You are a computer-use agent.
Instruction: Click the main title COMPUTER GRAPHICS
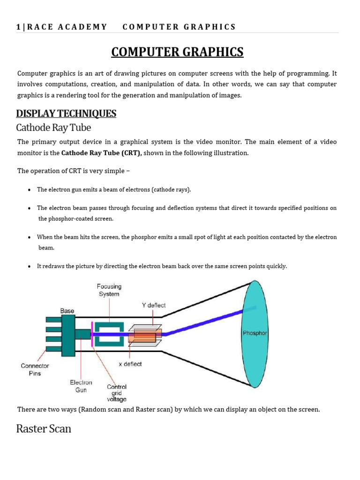[177, 52]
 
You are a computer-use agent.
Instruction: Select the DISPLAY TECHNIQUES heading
[66, 113]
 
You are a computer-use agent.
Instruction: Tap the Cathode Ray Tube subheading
[53, 127]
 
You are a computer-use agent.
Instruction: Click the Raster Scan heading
[44, 428]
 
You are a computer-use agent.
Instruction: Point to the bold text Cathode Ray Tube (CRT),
[102, 153]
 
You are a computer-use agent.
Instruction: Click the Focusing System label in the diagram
[109, 290]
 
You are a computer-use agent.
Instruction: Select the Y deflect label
[154, 305]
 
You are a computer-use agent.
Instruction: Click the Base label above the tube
[67, 311]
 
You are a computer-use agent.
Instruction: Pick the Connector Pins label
[35, 369]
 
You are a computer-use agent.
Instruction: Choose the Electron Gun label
[81, 386]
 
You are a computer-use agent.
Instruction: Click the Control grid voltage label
[117, 393]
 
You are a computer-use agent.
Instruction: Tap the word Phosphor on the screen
[255, 333]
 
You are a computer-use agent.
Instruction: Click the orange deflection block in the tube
[148, 335]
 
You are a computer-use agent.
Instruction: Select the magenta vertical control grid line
[92, 334]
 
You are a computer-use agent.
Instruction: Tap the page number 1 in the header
[18, 27]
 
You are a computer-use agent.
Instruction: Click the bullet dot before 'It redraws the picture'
[30, 266]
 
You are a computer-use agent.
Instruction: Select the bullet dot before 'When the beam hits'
[30, 238]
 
